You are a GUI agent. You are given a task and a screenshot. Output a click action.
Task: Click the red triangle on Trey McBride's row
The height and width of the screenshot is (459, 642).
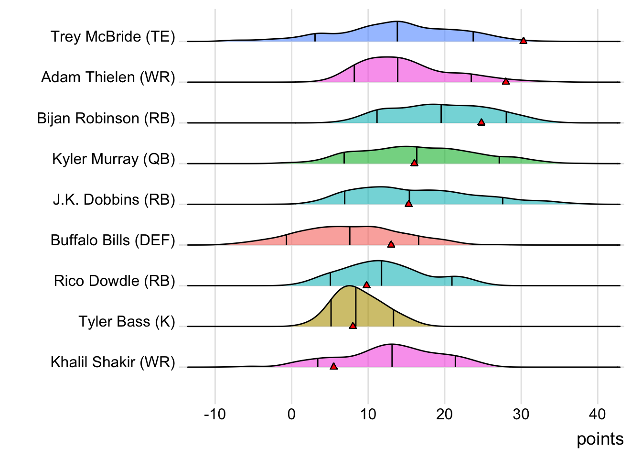coord(523,41)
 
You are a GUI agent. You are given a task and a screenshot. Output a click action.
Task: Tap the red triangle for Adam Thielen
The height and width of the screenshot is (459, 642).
coord(506,81)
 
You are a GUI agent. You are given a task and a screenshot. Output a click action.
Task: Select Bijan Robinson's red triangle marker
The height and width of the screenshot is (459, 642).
coord(481,122)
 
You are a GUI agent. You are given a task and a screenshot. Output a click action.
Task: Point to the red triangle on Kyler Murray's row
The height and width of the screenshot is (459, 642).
coord(414,163)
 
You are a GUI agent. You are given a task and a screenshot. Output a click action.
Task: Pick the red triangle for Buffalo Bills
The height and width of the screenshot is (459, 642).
coord(391,244)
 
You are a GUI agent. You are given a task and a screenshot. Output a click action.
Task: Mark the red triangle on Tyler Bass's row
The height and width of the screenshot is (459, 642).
coord(353,326)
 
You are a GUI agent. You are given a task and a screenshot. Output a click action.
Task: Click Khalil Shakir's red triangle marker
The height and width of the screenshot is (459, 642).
coord(333,366)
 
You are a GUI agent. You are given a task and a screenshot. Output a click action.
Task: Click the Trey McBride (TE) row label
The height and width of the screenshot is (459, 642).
coord(113,37)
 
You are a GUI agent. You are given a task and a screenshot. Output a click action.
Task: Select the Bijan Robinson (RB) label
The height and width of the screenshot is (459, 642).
coord(106,118)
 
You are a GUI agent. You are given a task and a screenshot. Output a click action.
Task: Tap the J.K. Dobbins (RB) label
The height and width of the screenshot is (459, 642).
coord(114,199)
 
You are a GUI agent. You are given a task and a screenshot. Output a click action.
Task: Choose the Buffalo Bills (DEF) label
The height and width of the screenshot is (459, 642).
coord(113,240)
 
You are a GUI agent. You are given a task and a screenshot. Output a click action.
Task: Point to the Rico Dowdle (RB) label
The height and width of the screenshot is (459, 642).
coord(115,281)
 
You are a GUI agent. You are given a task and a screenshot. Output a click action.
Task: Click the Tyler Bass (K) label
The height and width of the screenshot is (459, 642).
coord(127,321)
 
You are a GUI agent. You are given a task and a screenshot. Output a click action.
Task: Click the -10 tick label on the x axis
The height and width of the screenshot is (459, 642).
coord(214,414)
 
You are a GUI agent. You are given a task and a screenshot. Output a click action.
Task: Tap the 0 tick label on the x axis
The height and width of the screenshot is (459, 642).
coord(291,414)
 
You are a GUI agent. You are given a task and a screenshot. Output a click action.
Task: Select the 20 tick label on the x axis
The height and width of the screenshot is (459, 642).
coord(444,414)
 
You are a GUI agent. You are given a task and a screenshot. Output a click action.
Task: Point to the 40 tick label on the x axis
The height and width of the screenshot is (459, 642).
coord(598,414)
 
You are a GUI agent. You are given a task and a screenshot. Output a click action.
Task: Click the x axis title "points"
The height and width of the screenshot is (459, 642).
coord(600,439)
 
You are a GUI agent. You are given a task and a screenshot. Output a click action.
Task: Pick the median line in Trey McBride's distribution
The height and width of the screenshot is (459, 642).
coord(397,32)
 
